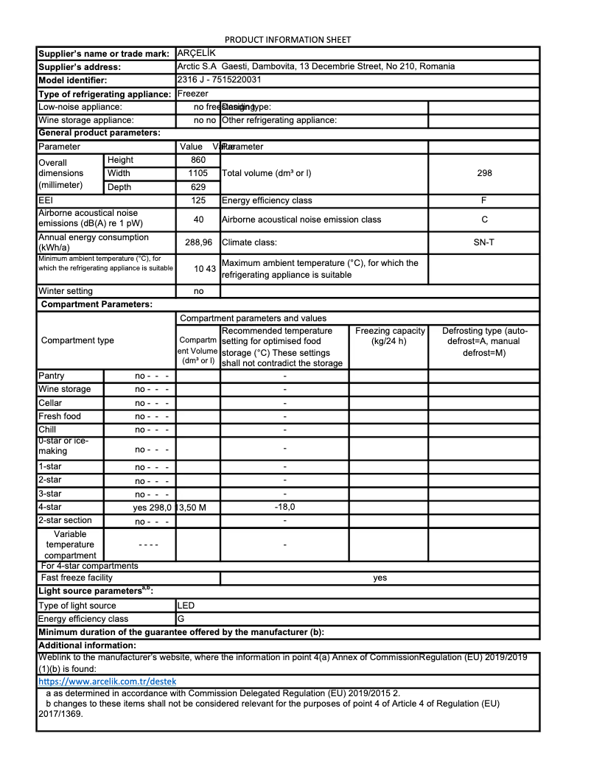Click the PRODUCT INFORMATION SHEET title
(287, 39)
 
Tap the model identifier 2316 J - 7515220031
(220, 80)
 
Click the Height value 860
(198, 160)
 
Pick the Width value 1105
(198, 173)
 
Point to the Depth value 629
(198, 187)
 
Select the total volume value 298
(483, 173)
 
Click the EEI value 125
(198, 200)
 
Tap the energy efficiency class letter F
(483, 200)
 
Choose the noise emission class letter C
(483, 220)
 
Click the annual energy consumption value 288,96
(198, 242)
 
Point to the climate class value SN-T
(483, 242)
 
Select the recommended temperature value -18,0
(284, 507)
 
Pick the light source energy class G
(181, 619)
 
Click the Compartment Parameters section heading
(97, 304)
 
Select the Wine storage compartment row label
(65, 389)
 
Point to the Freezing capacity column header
(390, 336)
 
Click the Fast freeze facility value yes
(380, 578)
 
